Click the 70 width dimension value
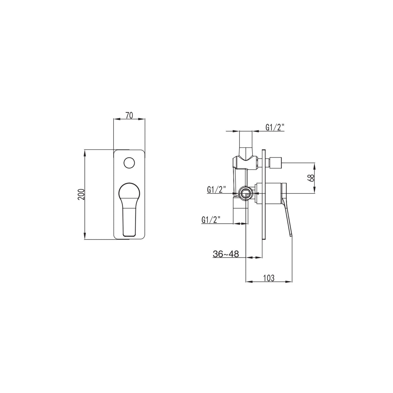129,115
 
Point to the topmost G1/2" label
275,127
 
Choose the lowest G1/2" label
211,219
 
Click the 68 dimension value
311,178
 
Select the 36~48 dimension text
226,254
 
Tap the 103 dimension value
269,278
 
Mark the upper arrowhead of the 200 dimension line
85,152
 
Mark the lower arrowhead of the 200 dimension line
85,237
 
